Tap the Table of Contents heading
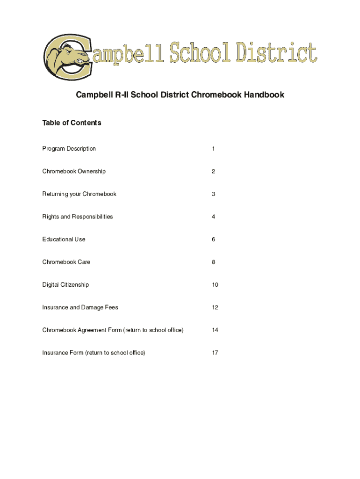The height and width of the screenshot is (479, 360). [x=72, y=123]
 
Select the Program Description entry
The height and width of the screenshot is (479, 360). [x=69, y=149]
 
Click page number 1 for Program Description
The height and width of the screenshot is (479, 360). [x=213, y=149]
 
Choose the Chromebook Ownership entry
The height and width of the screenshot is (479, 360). [x=74, y=171]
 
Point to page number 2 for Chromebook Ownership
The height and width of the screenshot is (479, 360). [x=213, y=171]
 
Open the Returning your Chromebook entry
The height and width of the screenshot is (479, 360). [x=79, y=194]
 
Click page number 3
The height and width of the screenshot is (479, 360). [x=213, y=194]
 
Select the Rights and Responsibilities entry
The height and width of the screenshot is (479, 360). [x=78, y=217]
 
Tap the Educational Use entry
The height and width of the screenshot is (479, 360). [x=64, y=239]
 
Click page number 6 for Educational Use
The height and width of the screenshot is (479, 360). [x=213, y=239]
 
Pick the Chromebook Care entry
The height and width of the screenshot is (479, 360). [x=66, y=262]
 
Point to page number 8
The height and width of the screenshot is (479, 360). [x=213, y=262]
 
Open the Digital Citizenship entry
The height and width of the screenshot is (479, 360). [x=65, y=285]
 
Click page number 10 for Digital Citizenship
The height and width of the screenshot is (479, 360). [x=215, y=285]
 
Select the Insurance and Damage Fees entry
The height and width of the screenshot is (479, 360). [x=80, y=307]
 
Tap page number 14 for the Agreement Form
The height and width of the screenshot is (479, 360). [x=215, y=330]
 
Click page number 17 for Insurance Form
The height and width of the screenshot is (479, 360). [x=215, y=353]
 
